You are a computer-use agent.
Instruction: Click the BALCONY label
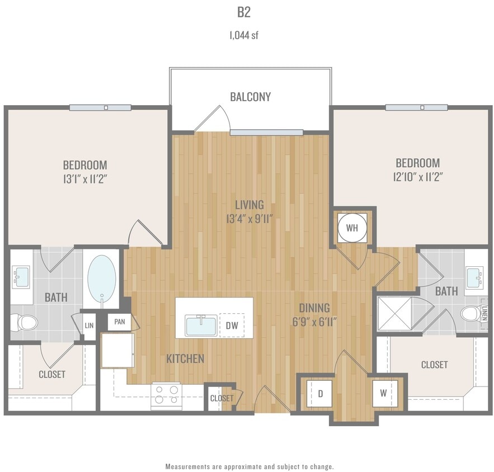250,97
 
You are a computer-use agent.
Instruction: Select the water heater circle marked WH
352,228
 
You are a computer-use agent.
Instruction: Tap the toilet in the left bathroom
25,322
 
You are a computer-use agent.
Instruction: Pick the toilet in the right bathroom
469,314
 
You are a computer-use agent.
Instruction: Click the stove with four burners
166,394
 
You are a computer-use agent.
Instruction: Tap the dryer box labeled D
321,393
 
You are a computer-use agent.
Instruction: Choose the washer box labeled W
384,393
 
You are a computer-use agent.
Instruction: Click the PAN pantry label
119,322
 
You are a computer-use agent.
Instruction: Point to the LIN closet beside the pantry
89,324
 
